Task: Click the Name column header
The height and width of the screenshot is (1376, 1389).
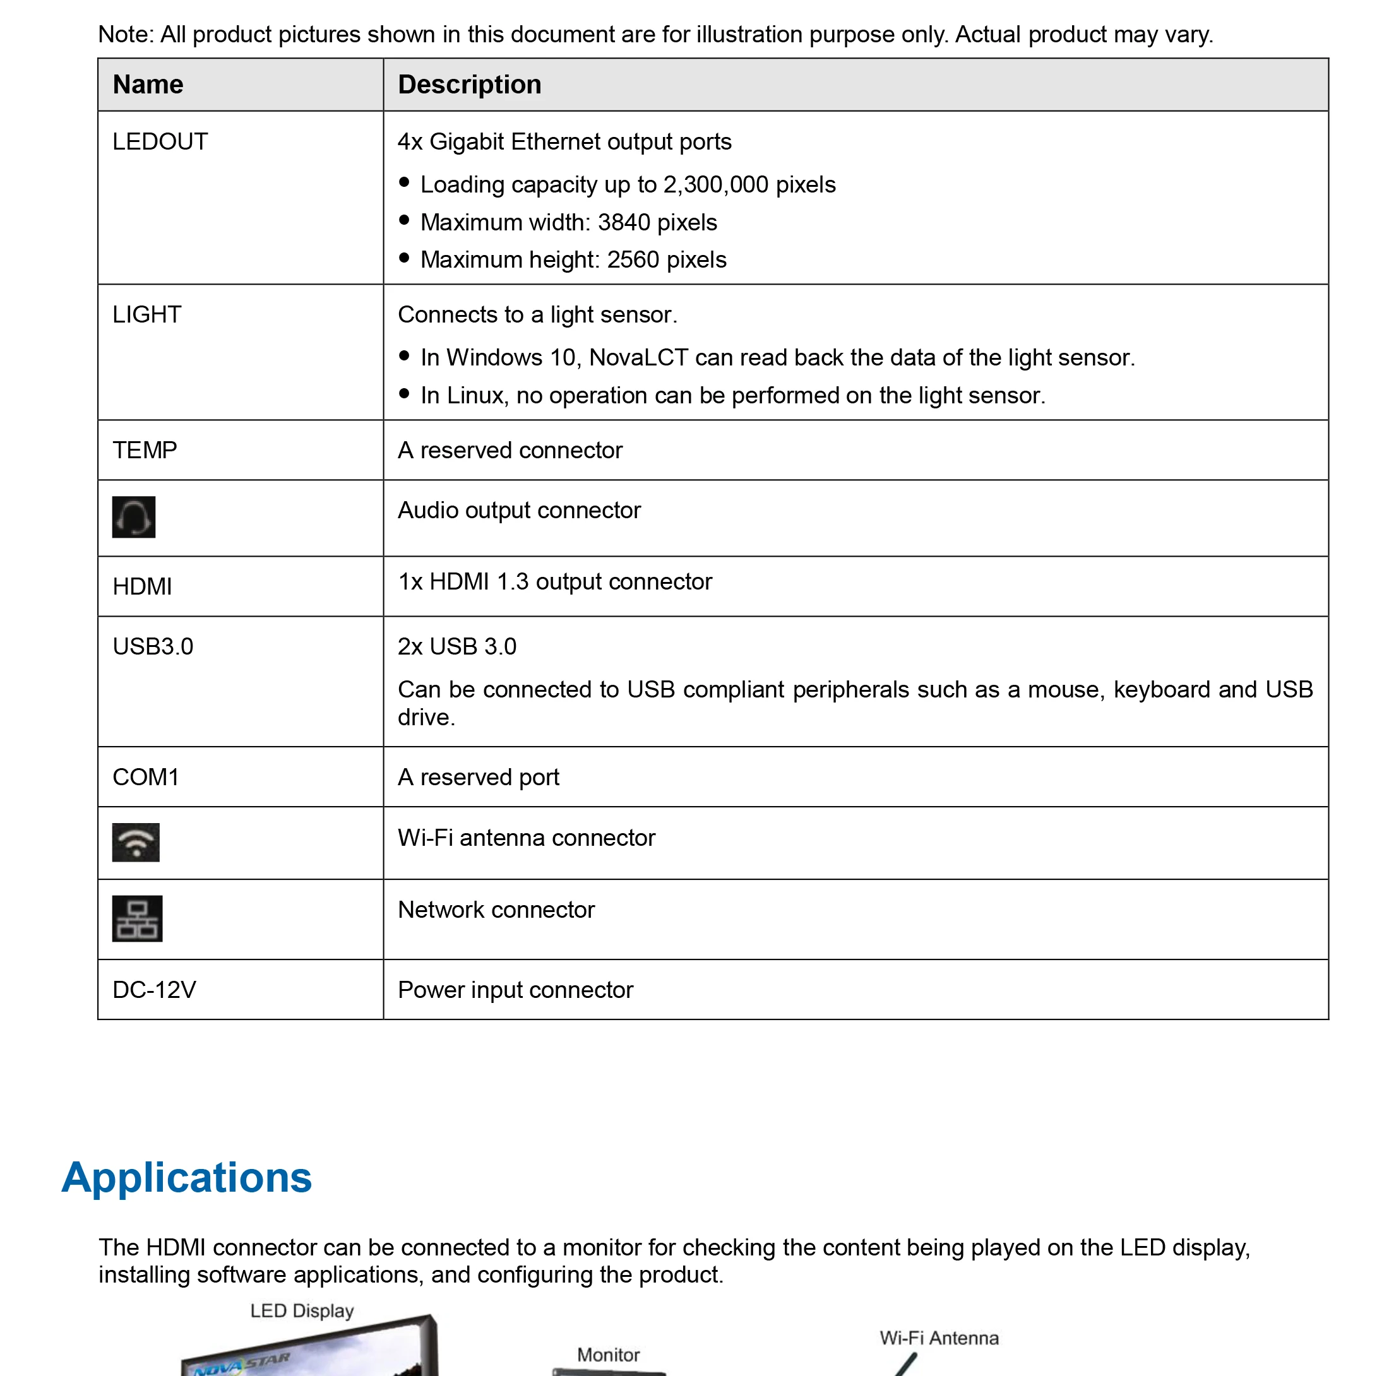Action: pos(148,85)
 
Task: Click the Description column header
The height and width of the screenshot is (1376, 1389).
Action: pos(470,85)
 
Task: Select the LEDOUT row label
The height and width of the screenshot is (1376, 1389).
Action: pos(160,141)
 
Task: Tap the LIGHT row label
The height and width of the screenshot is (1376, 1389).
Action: pos(146,315)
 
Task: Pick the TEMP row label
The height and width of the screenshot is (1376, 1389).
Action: pos(145,450)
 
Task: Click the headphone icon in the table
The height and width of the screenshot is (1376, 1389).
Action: pos(134,517)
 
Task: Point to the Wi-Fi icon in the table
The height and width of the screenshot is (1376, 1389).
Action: pos(136,842)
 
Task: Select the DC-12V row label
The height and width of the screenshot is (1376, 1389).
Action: pos(155,990)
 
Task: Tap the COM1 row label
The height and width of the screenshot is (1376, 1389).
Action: pos(146,777)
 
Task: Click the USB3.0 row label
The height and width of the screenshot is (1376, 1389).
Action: pos(153,646)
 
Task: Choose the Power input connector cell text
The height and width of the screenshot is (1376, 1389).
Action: pos(515,990)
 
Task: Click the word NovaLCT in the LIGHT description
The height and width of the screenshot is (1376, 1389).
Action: pos(638,358)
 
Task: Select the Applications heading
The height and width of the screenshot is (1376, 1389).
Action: pos(187,1178)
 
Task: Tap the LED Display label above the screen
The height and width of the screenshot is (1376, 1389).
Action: pos(302,1310)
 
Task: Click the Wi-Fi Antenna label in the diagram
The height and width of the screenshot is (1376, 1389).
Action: pos(939,1338)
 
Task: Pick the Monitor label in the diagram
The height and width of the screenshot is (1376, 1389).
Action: pos(608,1355)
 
